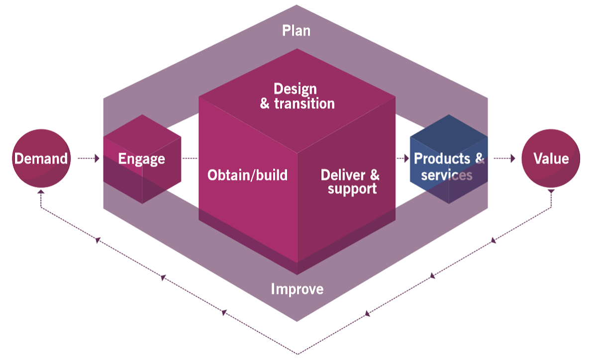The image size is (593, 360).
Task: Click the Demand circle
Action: tap(41, 159)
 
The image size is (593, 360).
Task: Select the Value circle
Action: tap(551, 159)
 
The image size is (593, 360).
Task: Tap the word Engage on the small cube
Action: tap(141, 159)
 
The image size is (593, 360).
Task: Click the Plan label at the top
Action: tap(296, 30)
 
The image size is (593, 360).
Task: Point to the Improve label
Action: tap(297, 289)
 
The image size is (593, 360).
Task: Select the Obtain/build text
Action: tap(247, 175)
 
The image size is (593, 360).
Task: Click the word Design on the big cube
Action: tap(295, 89)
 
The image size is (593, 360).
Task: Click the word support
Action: tap(352, 189)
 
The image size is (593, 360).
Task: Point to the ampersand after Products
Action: tap(480, 159)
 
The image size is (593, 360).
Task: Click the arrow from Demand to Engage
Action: tap(90, 159)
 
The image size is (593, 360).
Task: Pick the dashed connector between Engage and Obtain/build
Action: tap(190, 159)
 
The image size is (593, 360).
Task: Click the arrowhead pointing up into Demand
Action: tap(41, 191)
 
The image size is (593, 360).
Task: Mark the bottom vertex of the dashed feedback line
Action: tap(297, 354)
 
